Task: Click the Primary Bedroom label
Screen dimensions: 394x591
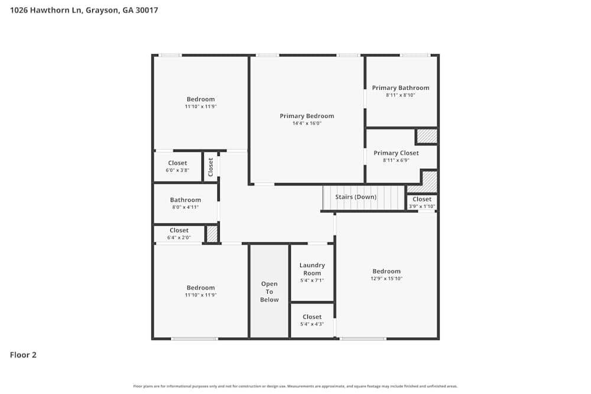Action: click(307, 116)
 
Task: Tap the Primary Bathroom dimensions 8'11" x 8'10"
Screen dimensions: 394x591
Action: click(401, 95)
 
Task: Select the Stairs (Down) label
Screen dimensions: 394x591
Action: click(356, 197)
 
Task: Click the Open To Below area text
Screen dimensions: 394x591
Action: click(269, 292)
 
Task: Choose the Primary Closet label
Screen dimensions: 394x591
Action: click(396, 153)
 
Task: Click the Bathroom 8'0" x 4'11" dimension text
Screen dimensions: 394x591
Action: click(186, 207)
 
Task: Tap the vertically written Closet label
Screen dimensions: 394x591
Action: click(210, 167)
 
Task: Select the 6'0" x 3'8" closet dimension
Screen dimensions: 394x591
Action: click(177, 170)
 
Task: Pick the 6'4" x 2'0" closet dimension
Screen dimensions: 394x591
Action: click(179, 237)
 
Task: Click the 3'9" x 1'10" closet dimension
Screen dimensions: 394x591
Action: click(422, 206)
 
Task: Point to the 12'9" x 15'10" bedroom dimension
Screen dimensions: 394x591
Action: click(387, 279)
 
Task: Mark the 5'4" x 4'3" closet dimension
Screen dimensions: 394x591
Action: click(312, 324)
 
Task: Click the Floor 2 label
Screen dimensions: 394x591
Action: click(23, 355)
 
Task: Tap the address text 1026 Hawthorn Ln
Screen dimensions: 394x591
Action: click(46, 10)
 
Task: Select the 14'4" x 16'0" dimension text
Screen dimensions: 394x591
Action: click(307, 123)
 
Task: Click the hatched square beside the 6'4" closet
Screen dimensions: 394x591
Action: click(212, 234)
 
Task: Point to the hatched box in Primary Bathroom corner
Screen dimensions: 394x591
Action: click(426, 136)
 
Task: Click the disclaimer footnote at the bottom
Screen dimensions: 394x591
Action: click(295, 386)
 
